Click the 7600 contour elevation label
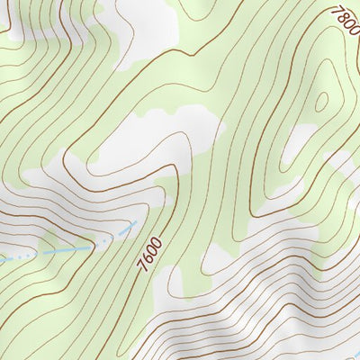pyautogui.click(x=150, y=255)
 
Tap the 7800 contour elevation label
pyautogui.click(x=344, y=20)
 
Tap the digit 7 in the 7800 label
pyautogui.click(x=336, y=10)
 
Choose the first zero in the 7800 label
pyautogui.click(x=346, y=23)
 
